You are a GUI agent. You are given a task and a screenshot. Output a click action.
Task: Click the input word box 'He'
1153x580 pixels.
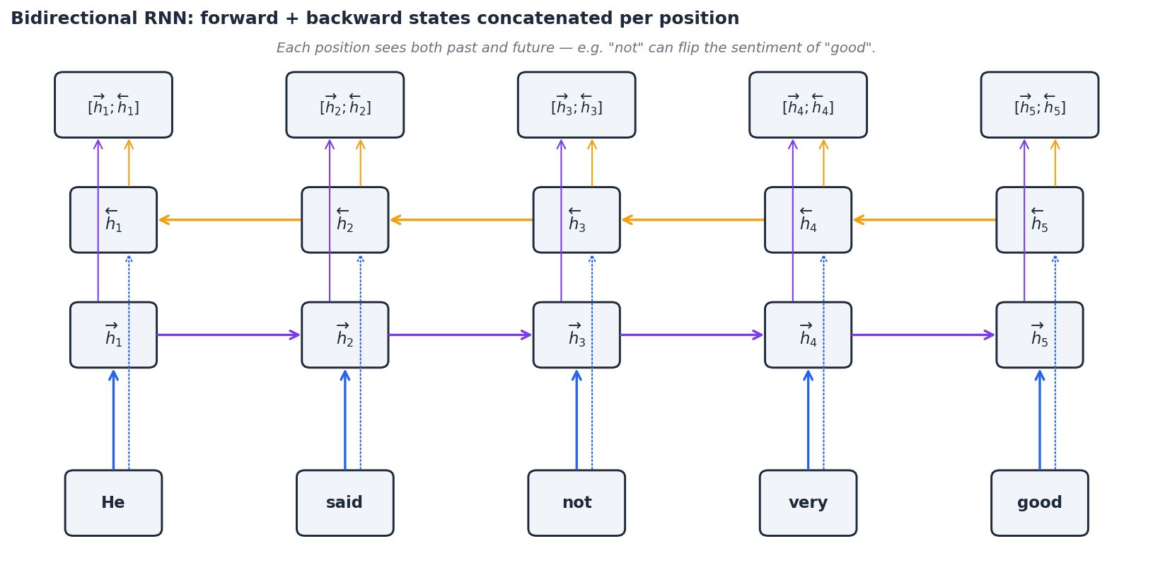click(113, 503)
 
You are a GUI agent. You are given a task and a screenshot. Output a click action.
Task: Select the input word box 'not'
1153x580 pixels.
click(576, 503)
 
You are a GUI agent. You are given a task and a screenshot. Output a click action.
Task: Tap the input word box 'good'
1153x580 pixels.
click(1039, 503)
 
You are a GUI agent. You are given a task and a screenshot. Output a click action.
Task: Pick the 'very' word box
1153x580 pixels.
click(808, 503)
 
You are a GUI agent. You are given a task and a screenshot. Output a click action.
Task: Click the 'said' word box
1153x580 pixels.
click(344, 503)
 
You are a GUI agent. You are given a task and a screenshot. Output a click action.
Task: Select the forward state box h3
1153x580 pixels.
click(576, 335)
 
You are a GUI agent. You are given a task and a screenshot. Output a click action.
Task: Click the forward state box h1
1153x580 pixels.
click(113, 335)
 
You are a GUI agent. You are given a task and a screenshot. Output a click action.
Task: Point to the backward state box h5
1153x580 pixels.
click(1039, 220)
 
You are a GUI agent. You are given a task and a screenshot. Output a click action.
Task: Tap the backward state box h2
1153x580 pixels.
click(344, 220)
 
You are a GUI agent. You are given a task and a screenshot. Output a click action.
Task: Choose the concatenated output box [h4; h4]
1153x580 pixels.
click(808, 105)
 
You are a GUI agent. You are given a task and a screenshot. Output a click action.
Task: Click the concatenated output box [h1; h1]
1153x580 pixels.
click(113, 105)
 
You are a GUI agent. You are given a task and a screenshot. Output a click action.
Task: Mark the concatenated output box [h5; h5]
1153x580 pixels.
click(1039, 105)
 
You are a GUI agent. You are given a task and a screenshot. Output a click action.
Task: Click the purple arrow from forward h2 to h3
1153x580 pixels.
click(460, 335)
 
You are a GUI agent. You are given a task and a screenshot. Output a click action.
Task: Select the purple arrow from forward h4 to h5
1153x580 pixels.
click(923, 335)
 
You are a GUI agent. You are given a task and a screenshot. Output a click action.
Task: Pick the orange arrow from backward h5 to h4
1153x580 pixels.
click(923, 220)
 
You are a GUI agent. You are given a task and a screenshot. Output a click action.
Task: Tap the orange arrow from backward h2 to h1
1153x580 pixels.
click(228, 220)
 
